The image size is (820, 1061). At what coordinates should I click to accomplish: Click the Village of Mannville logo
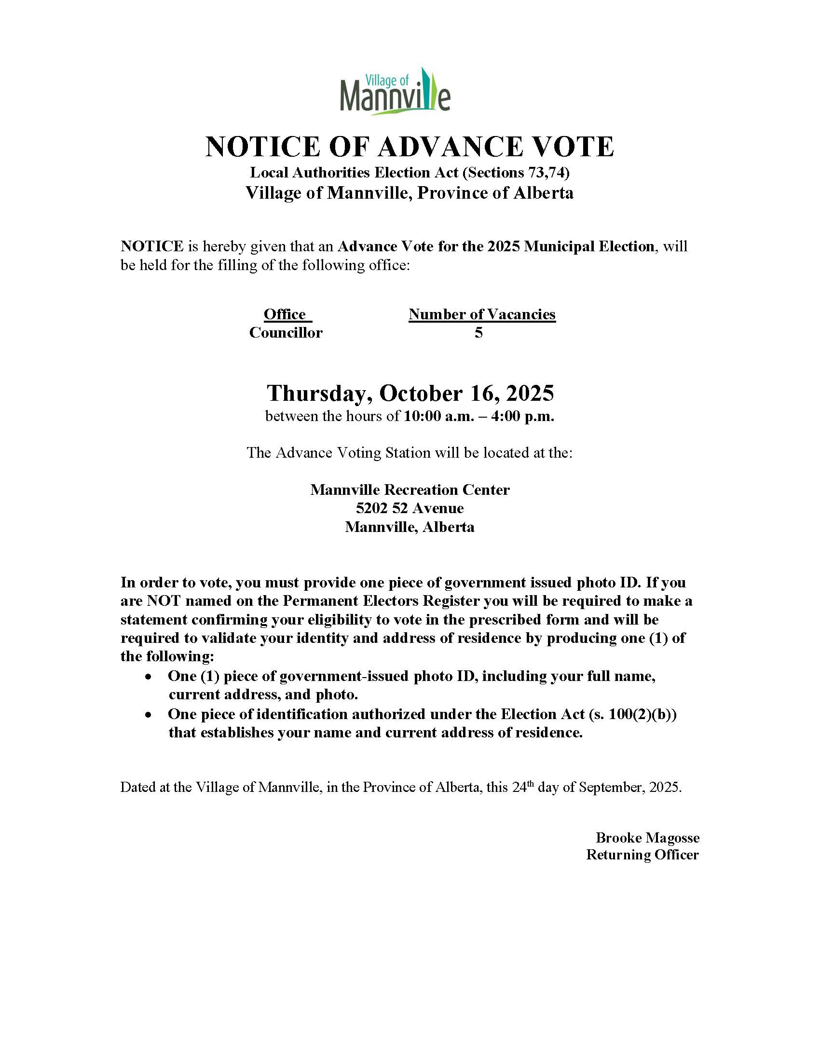[x=395, y=91]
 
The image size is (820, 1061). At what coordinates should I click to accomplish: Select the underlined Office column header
[x=285, y=314]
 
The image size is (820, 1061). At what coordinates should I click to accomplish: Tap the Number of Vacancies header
[x=482, y=314]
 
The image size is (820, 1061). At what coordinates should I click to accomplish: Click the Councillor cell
[x=286, y=333]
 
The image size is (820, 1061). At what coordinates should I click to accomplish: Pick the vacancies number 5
[x=478, y=333]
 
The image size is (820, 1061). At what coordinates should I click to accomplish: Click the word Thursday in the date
[x=319, y=393]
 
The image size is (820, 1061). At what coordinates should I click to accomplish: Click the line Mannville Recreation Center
[x=410, y=490]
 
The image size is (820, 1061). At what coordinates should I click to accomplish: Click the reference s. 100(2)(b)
[x=632, y=714]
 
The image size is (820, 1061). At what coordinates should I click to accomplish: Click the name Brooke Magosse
[x=647, y=838]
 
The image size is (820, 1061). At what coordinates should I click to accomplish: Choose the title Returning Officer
[x=642, y=855]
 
